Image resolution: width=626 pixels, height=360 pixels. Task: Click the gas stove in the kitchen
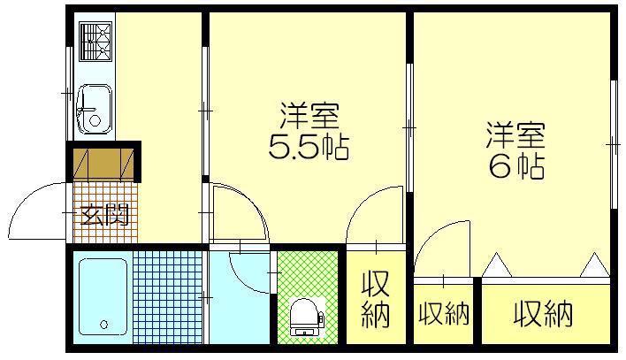pos(95,42)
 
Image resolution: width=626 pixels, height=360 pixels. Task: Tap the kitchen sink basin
pos(95,109)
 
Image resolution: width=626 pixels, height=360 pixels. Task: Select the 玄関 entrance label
pos(104,215)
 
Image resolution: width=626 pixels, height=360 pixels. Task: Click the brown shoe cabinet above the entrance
pos(103,165)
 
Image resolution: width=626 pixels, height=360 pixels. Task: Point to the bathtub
pos(103,297)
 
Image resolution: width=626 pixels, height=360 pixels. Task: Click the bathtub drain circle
pos(104,324)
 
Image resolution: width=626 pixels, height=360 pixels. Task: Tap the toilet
pos(307,317)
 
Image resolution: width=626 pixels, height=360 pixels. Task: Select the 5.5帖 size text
pos(309,147)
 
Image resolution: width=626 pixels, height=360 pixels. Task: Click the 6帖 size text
pos(516,165)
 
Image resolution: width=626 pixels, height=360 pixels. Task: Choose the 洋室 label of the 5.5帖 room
pos(309,116)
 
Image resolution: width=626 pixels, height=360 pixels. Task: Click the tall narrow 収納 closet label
pos(376,299)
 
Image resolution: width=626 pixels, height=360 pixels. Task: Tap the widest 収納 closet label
pos(544,314)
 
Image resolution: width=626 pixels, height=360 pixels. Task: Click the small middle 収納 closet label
pos(444,314)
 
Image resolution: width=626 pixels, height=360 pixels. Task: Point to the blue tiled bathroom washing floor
pos(167,297)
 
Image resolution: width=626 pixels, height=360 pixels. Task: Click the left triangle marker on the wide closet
pos(497,264)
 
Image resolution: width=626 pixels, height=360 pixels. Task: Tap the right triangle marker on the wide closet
pos(595,264)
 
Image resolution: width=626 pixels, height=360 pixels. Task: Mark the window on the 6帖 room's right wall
pos(614,145)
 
